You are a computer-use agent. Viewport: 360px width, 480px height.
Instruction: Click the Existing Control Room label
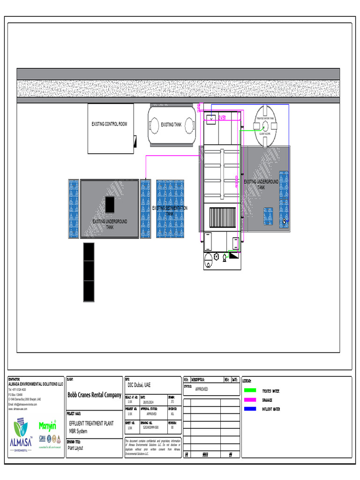pyautogui.click(x=109, y=124)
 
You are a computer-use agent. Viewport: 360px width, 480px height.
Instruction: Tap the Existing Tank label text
pyautogui.click(x=171, y=125)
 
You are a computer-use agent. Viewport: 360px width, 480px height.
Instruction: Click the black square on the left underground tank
pyautogui.click(x=110, y=204)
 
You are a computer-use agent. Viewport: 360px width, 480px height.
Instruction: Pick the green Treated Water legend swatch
pyautogui.click(x=250, y=390)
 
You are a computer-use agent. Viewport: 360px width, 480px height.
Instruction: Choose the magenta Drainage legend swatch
pyautogui.click(x=250, y=400)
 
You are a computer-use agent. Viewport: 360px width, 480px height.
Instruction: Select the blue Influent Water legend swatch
pyautogui.click(x=250, y=409)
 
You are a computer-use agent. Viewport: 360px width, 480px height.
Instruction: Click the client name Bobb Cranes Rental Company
pyautogui.click(x=94, y=395)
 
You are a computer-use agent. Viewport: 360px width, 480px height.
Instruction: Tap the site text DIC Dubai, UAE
pyautogui.click(x=139, y=385)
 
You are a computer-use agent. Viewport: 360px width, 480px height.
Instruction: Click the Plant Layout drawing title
pyautogui.click(x=75, y=448)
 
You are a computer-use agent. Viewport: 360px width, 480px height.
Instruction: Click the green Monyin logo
pyautogui.click(x=47, y=426)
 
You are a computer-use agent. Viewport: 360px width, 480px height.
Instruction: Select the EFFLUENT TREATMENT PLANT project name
pyautogui.click(x=91, y=423)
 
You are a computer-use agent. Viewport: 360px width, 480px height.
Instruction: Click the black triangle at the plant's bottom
pyautogui.click(x=233, y=255)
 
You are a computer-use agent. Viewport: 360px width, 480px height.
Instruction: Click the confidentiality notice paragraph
pyautogui.click(x=152, y=448)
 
